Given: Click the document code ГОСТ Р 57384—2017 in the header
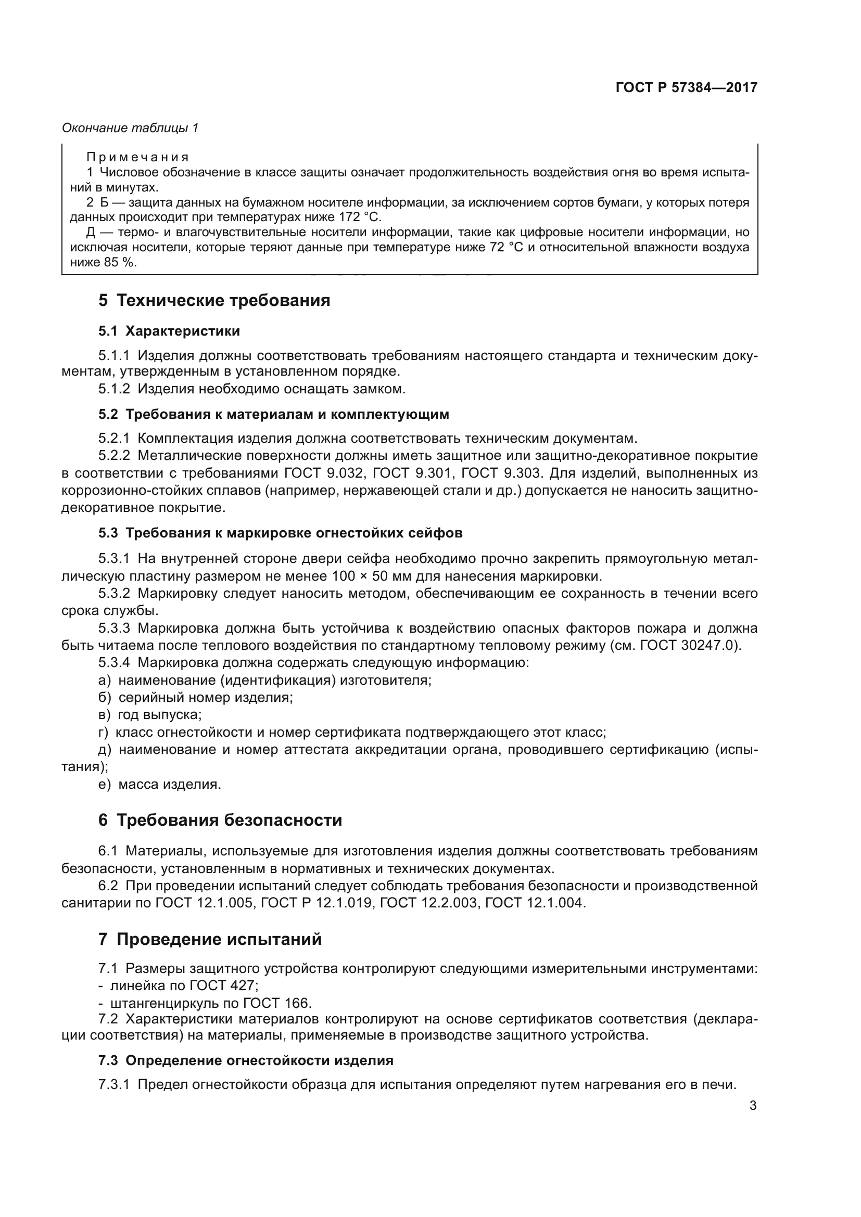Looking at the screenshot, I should [686, 87].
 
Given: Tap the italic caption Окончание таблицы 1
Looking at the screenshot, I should [130, 128].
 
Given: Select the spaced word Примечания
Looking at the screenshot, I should [137, 158].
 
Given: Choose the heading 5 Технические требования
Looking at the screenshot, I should [214, 301].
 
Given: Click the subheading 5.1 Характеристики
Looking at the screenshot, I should [169, 331].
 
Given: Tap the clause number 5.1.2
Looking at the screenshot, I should [114, 389].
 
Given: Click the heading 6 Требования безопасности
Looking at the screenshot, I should [220, 821].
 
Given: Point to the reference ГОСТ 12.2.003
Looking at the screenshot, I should [428, 903].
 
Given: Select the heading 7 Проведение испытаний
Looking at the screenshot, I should [210, 939].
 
